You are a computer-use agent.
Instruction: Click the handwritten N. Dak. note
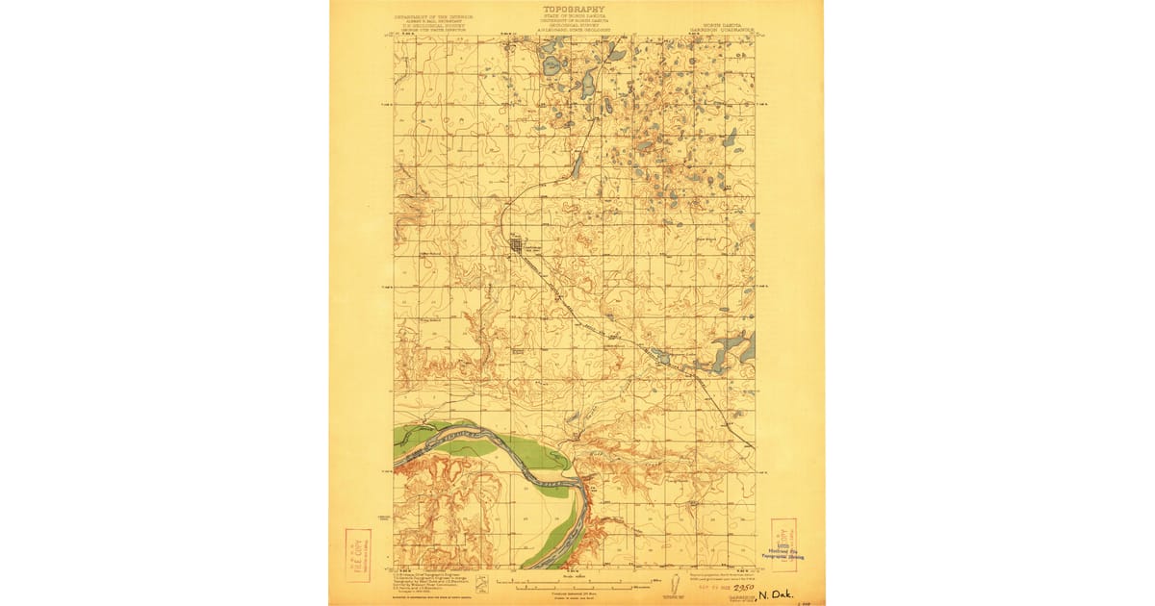click(x=776, y=595)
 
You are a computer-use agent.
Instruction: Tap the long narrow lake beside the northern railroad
click(x=577, y=165)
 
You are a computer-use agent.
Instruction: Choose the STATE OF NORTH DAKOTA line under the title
click(x=577, y=18)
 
